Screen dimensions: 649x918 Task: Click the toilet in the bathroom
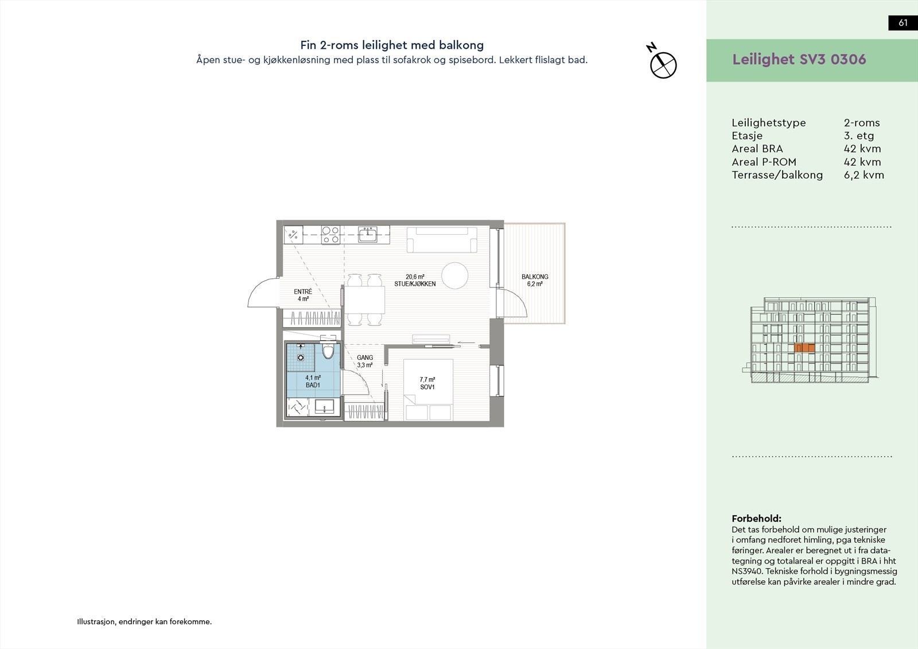click(x=328, y=351)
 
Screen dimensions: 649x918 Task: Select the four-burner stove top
click(x=330, y=234)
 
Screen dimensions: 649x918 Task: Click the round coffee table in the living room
click(x=457, y=275)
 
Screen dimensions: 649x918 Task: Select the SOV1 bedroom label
click(x=427, y=383)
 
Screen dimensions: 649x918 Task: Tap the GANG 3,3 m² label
click(x=365, y=361)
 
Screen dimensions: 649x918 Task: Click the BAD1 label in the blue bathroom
click(x=313, y=381)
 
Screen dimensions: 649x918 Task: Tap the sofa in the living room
click(x=442, y=240)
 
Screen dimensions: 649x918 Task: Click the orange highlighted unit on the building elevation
click(x=804, y=348)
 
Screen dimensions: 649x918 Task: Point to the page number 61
click(x=903, y=23)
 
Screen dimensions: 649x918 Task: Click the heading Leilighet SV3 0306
click(x=799, y=60)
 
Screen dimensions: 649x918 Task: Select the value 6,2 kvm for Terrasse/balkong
click(x=863, y=175)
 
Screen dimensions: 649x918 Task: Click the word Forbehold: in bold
click(x=756, y=518)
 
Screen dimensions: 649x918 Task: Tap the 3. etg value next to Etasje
click(x=858, y=136)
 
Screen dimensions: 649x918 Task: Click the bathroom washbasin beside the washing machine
click(x=324, y=407)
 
